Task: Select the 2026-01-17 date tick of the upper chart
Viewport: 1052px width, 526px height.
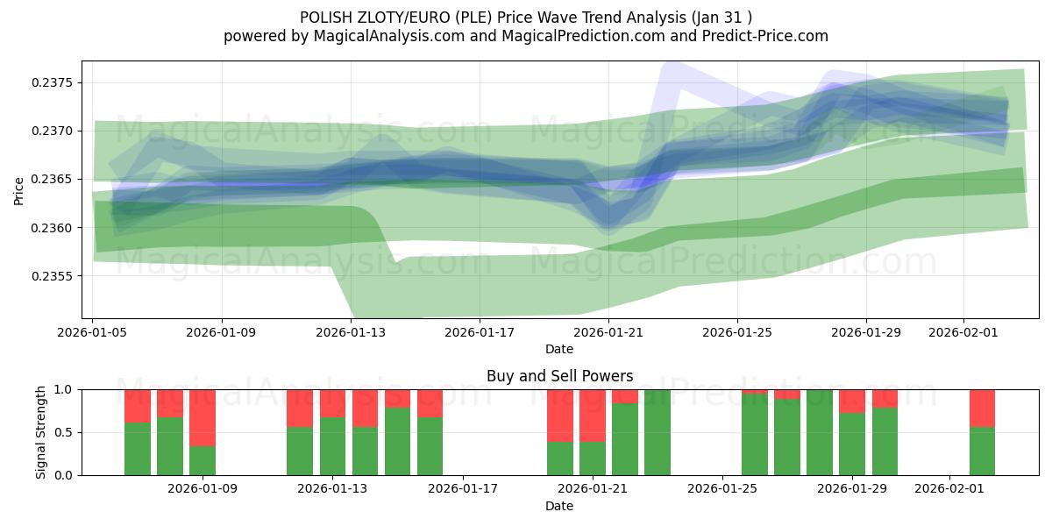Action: [x=480, y=332]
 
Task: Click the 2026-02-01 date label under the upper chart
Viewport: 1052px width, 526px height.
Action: [x=963, y=332]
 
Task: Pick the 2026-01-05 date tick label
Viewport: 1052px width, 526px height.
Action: [x=93, y=332]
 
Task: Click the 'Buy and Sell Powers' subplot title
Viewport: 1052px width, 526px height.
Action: [x=559, y=376]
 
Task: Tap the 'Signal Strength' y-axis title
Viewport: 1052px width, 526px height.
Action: [x=40, y=432]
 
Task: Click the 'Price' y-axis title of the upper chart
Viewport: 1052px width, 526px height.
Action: [x=19, y=190]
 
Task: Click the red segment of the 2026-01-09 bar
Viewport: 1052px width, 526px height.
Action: [x=203, y=417]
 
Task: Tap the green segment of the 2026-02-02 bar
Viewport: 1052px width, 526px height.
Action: [x=982, y=451]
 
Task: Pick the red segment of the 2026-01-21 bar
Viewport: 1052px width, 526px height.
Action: [x=593, y=416]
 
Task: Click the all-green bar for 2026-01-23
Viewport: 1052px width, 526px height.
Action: [x=657, y=432]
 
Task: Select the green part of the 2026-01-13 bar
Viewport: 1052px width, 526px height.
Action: [x=332, y=447]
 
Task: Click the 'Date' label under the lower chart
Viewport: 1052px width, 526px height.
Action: [x=559, y=506]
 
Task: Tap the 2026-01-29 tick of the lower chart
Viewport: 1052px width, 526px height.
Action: [x=852, y=488]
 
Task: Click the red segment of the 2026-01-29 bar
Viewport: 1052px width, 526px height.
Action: [x=852, y=401]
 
